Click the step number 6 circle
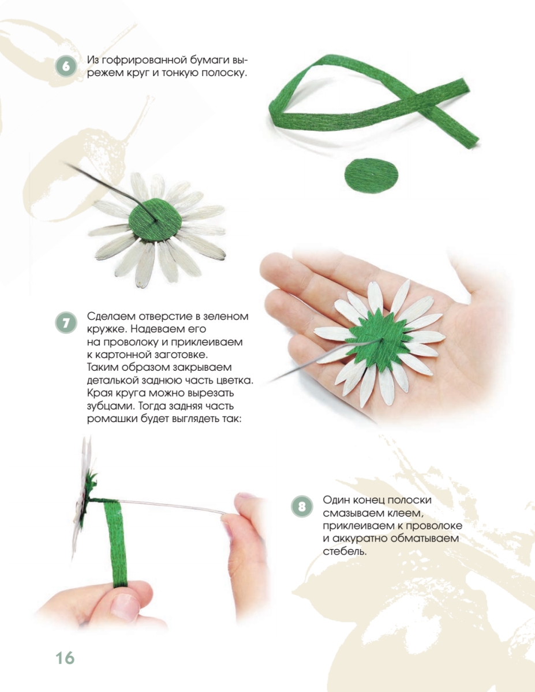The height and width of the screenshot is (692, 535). point(66,66)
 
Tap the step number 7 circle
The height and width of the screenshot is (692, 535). point(66,322)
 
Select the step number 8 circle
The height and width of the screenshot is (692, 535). point(301,506)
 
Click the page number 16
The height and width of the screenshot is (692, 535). point(65,657)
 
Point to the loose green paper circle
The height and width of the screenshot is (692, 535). point(372,175)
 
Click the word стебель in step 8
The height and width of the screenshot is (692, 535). point(345,551)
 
